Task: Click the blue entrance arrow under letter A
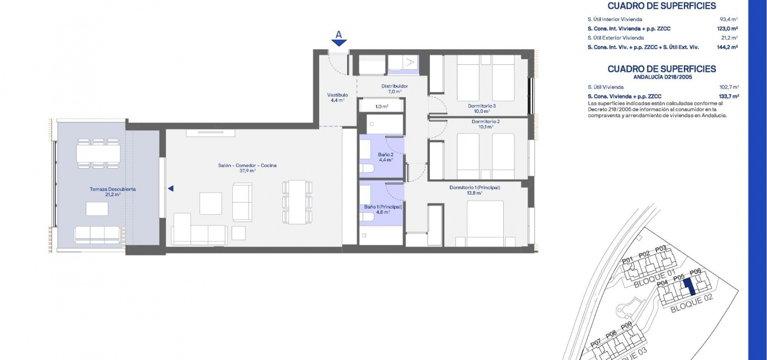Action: coord(339,43)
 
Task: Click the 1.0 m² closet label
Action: coord(382,107)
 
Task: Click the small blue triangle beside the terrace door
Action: coord(170,189)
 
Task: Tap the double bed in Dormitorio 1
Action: coord(485,223)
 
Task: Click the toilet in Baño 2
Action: coord(367,168)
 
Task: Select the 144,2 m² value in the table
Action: coord(727,47)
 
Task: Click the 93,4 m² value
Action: coord(729,19)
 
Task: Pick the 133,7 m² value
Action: coord(729,97)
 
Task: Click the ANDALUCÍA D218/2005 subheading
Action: coord(662,77)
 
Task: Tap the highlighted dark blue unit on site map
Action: coord(689,287)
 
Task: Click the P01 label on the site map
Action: coord(627,261)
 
